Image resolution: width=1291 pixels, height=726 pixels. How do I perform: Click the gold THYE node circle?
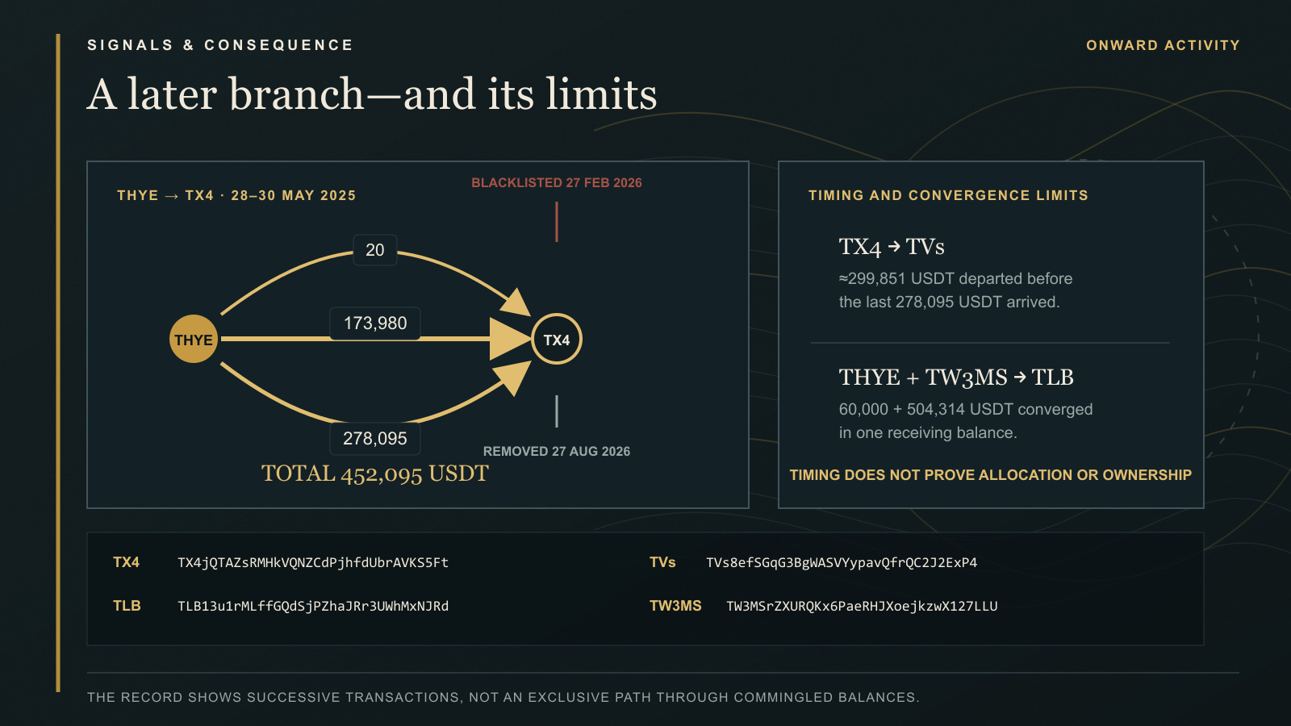(x=193, y=339)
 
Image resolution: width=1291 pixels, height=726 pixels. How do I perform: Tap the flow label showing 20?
(x=374, y=250)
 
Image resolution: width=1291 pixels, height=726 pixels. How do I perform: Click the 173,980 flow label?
(x=374, y=323)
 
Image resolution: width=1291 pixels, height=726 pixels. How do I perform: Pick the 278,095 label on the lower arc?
(x=374, y=439)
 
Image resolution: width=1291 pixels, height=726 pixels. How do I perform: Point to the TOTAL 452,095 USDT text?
(x=374, y=474)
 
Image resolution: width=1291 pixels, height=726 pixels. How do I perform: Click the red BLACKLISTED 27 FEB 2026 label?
(x=556, y=182)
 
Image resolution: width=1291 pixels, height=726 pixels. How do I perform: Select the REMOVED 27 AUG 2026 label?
(x=556, y=451)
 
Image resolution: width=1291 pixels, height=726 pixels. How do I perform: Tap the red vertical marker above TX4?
(x=556, y=222)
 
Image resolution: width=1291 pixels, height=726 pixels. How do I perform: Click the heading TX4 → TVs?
(x=891, y=247)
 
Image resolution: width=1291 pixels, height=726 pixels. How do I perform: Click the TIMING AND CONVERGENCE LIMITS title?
(x=948, y=195)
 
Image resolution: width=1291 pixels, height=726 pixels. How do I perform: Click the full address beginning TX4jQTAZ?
(x=313, y=562)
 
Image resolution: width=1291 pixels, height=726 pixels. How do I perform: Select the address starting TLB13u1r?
(x=313, y=606)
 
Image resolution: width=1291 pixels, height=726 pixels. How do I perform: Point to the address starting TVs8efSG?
(x=842, y=562)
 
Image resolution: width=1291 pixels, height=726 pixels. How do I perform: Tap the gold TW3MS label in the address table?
(x=675, y=606)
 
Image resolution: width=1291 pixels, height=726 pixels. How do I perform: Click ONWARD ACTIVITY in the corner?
(x=1163, y=45)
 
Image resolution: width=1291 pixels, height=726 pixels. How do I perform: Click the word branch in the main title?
(x=296, y=94)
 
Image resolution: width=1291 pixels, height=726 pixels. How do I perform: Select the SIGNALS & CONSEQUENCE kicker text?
(x=220, y=45)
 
